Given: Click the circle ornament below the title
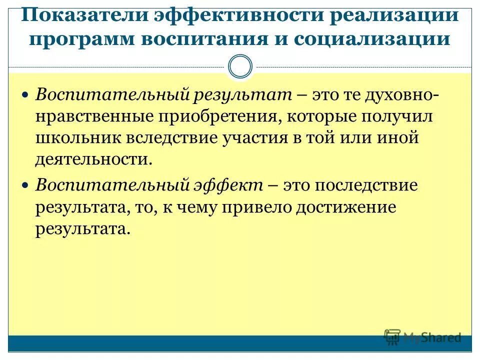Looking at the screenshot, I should tap(240, 67).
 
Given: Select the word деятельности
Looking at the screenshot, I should tap(93, 160).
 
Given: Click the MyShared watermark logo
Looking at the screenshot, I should tap(422, 337).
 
